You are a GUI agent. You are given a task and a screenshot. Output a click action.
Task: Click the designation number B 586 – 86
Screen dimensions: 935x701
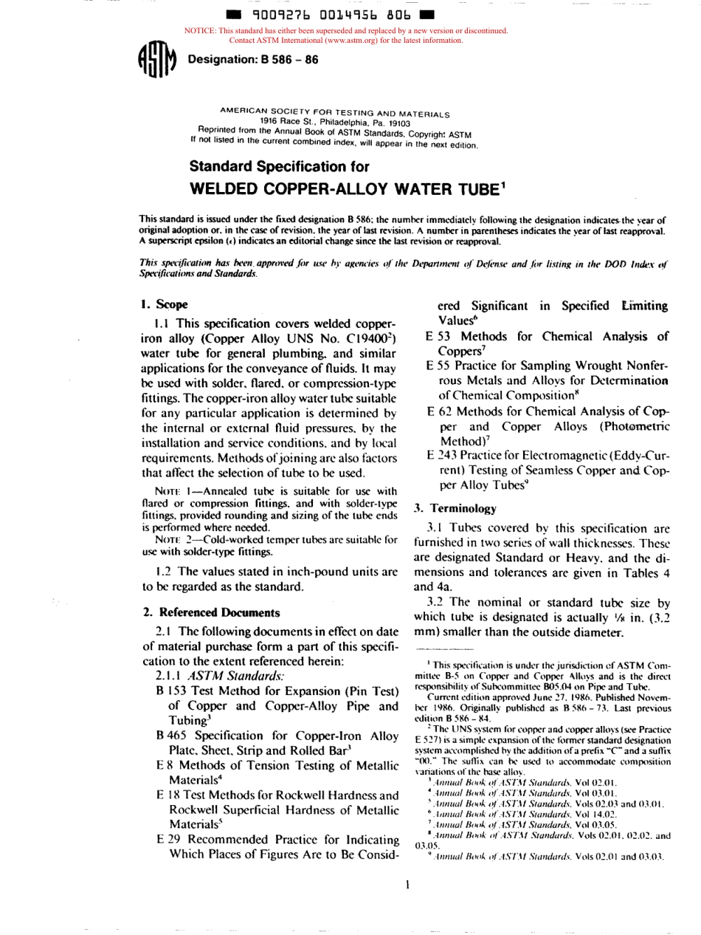point(253,59)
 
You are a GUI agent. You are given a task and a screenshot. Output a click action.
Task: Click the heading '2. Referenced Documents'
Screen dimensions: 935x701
point(198,612)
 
